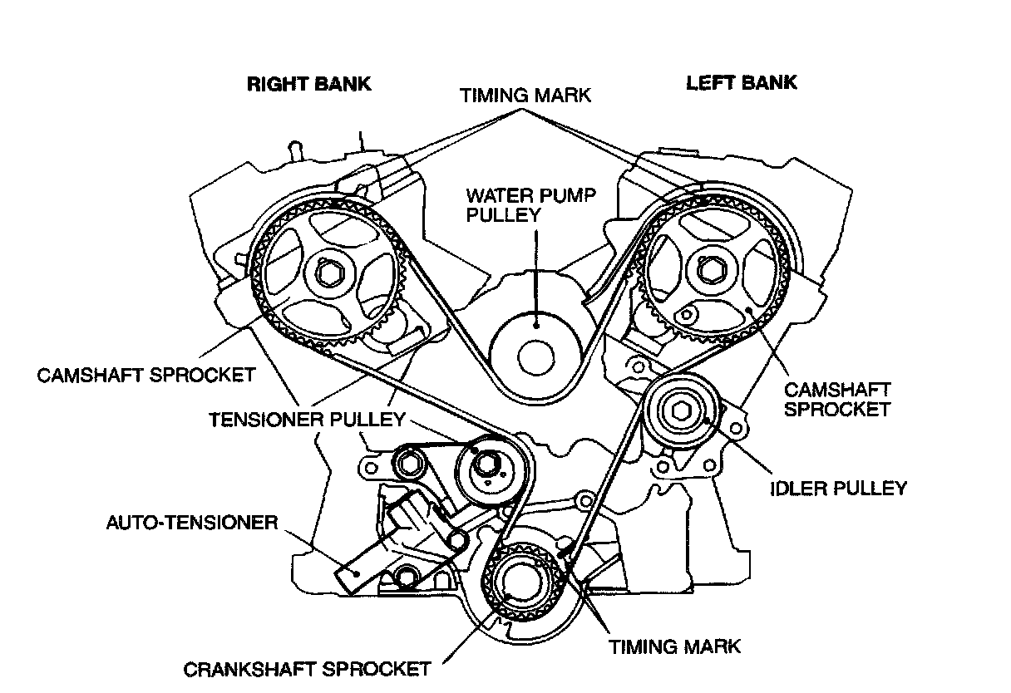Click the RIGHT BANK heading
click(x=309, y=84)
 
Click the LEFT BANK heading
click(x=741, y=83)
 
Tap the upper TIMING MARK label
click(x=525, y=96)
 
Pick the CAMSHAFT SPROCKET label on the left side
click(x=146, y=375)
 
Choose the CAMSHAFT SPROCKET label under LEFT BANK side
click(x=837, y=399)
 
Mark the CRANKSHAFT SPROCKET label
click(x=307, y=669)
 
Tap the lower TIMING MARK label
click(x=674, y=646)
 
